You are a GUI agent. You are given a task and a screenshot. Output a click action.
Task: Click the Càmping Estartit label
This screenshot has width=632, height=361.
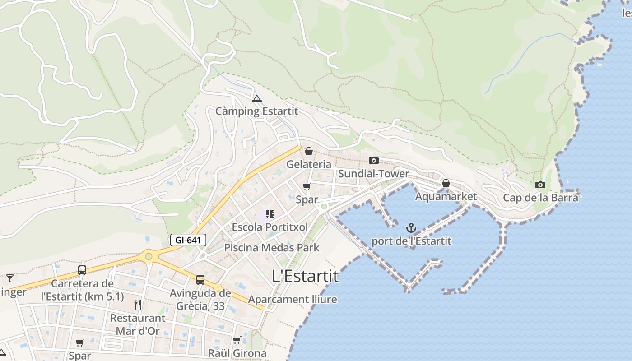[x=256, y=111]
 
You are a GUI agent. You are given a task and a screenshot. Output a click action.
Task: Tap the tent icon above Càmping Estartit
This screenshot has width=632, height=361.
[x=257, y=98]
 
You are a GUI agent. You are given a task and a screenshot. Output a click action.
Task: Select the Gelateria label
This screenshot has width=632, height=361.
[x=309, y=164]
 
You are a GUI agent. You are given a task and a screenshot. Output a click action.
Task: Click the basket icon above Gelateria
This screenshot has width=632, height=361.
[x=309, y=151]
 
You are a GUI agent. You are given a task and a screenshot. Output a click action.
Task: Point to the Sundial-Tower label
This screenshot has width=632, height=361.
[x=373, y=174]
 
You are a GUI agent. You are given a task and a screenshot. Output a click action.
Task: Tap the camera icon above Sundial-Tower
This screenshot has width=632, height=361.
[x=373, y=160]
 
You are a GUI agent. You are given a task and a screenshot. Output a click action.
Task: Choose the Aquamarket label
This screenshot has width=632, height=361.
[x=446, y=197]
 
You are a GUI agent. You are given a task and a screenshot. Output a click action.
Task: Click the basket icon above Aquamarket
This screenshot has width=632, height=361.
[x=446, y=183]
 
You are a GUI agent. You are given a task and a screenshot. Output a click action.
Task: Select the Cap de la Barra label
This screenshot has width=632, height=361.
[x=540, y=198]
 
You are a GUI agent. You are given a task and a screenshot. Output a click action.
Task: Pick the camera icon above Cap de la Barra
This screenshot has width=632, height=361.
[x=540, y=185]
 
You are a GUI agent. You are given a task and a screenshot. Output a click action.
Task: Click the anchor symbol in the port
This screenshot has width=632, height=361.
[x=411, y=228]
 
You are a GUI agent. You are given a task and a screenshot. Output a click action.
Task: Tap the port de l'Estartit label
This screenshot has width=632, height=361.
[x=411, y=241]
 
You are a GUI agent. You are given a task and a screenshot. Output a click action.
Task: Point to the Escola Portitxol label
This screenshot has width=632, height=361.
[x=270, y=227]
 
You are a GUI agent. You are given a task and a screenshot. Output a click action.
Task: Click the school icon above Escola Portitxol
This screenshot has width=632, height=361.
[x=270, y=214]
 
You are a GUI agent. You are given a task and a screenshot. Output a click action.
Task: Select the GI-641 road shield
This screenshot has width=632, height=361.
[x=188, y=240]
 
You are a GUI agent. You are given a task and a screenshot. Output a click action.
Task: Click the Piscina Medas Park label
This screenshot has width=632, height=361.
[x=272, y=248]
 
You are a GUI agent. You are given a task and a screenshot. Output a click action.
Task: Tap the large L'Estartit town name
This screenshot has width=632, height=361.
[x=306, y=276]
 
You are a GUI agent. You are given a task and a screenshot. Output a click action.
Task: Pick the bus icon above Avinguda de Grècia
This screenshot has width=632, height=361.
[x=200, y=280]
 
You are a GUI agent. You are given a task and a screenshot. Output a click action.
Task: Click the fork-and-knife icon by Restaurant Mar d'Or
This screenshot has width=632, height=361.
[x=138, y=305]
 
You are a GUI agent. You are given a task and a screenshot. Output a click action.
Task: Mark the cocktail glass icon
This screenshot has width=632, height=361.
[x=10, y=278]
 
